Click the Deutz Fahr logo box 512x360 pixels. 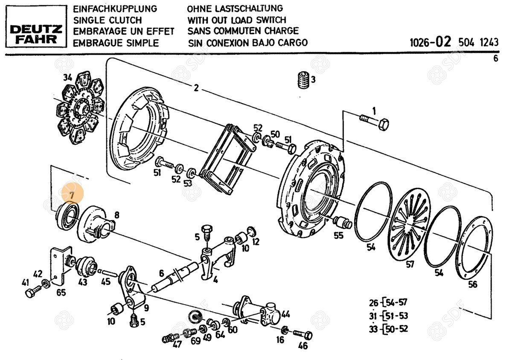(x=36, y=26)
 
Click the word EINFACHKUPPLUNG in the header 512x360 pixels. (x=115, y=9)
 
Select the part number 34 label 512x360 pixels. (x=67, y=77)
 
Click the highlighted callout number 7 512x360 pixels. (x=72, y=195)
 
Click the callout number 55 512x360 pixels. (x=338, y=235)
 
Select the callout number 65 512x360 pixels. (x=61, y=293)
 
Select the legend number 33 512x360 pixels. (x=373, y=329)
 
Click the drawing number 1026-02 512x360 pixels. (x=430, y=42)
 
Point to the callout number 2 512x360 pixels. (x=196, y=88)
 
